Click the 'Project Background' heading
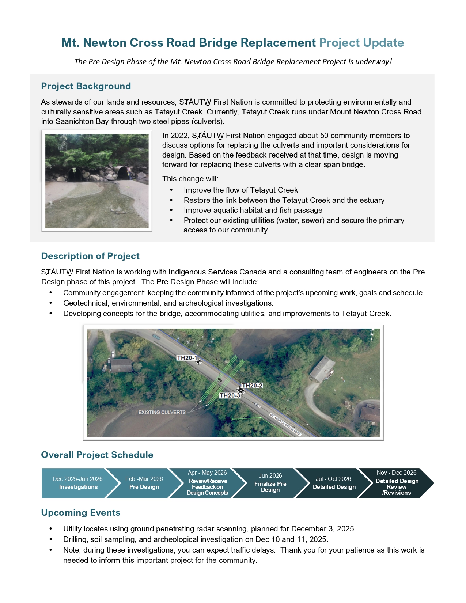pos(86,86)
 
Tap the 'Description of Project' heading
pos(90,256)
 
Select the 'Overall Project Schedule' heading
pos(97,455)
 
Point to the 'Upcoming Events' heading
pos(81,513)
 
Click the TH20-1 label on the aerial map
pos(187,358)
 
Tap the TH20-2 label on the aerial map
pos(252,386)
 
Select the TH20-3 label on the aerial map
pos(230,395)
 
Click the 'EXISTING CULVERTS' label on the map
pos(162,412)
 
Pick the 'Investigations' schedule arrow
pos(78,483)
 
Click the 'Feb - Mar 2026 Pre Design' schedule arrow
pos(144,483)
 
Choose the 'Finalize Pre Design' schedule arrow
pos(270,483)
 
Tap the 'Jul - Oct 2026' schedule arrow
pos(334,483)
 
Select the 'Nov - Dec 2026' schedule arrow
pos(397,483)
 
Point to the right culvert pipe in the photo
pos(123,172)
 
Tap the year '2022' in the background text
pos(179,136)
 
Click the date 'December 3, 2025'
pos(323,529)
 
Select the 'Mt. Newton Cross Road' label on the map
pos(285,425)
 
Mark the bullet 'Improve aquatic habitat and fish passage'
pos(253,210)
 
